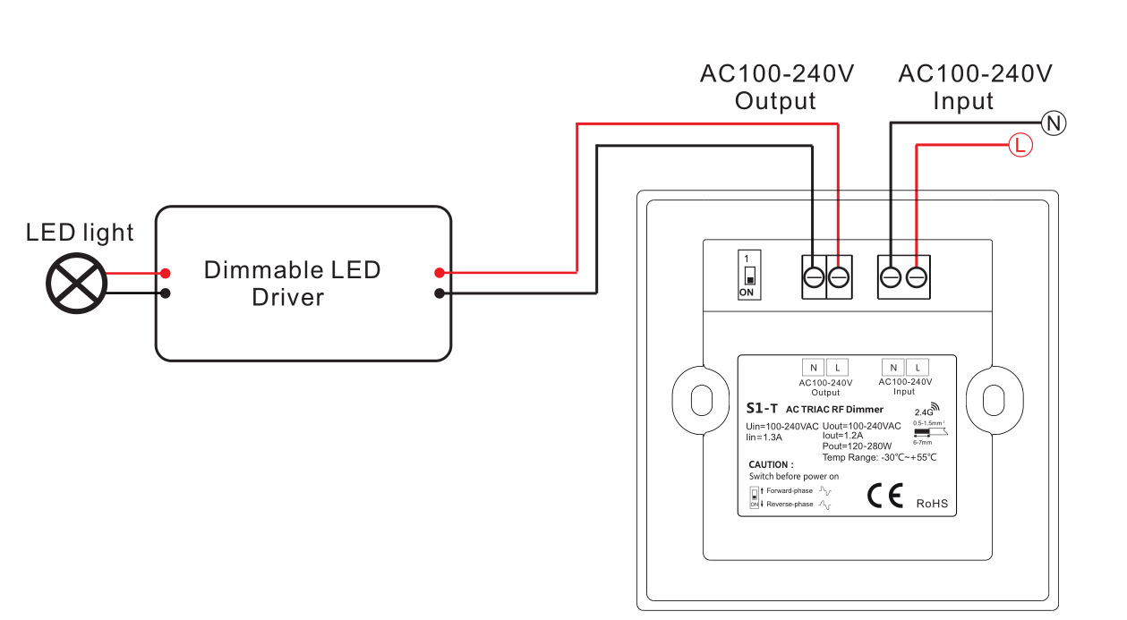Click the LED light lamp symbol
[77, 284]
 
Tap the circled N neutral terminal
[1054, 123]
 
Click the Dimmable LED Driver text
[292, 283]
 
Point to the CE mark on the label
[885, 497]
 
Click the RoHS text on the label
[932, 504]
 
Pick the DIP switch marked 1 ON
[749, 275]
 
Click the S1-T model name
[762, 409]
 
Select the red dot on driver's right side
[439, 273]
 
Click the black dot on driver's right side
[439, 293]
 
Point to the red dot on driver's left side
[166, 273]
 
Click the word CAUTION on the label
[771, 464]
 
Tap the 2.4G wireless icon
[927, 410]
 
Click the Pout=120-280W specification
[857, 446]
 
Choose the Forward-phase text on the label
[790, 490]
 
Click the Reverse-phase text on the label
[790, 505]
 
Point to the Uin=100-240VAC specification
[781, 426]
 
